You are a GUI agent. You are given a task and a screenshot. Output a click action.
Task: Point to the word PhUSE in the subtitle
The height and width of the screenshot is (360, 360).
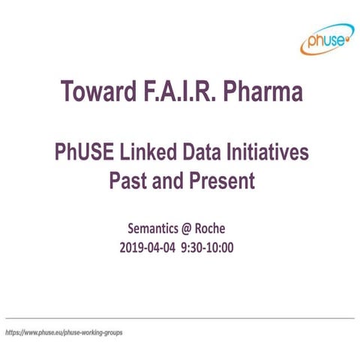(85, 152)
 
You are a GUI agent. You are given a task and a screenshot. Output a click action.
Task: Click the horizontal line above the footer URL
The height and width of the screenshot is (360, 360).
(180, 318)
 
